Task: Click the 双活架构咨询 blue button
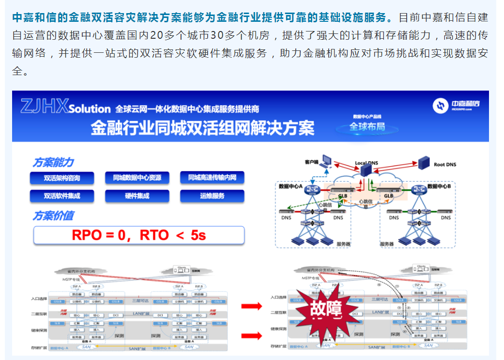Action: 61,178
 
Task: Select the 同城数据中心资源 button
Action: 137,178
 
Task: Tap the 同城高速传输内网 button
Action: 212,178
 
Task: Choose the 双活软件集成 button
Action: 61,196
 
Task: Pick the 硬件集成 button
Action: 137,196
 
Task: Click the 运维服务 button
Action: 212,196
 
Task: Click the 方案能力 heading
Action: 53,162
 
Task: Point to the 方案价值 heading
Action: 53,216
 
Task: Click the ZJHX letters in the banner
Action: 44,107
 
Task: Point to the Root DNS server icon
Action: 425,162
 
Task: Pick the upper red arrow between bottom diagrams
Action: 252,306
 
